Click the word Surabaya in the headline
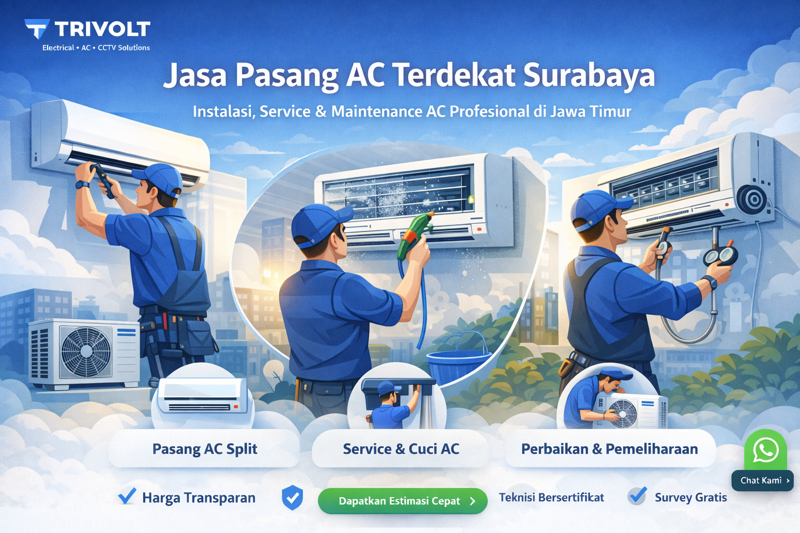pos(589,75)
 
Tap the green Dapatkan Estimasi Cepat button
pos(403,501)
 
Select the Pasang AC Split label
pos(205,449)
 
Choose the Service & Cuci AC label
pos(401,449)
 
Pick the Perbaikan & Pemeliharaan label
pos(609,449)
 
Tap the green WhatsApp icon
pos(765,450)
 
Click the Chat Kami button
pos(762,480)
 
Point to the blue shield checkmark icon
pos(292,498)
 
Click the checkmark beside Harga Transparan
pos(127,496)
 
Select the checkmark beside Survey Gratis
pos(637,496)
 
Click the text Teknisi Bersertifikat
pos(551,498)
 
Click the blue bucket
pos(456,359)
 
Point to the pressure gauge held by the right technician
pos(721,256)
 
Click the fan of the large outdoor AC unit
pos(86,351)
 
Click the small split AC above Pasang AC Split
pos(203,396)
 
